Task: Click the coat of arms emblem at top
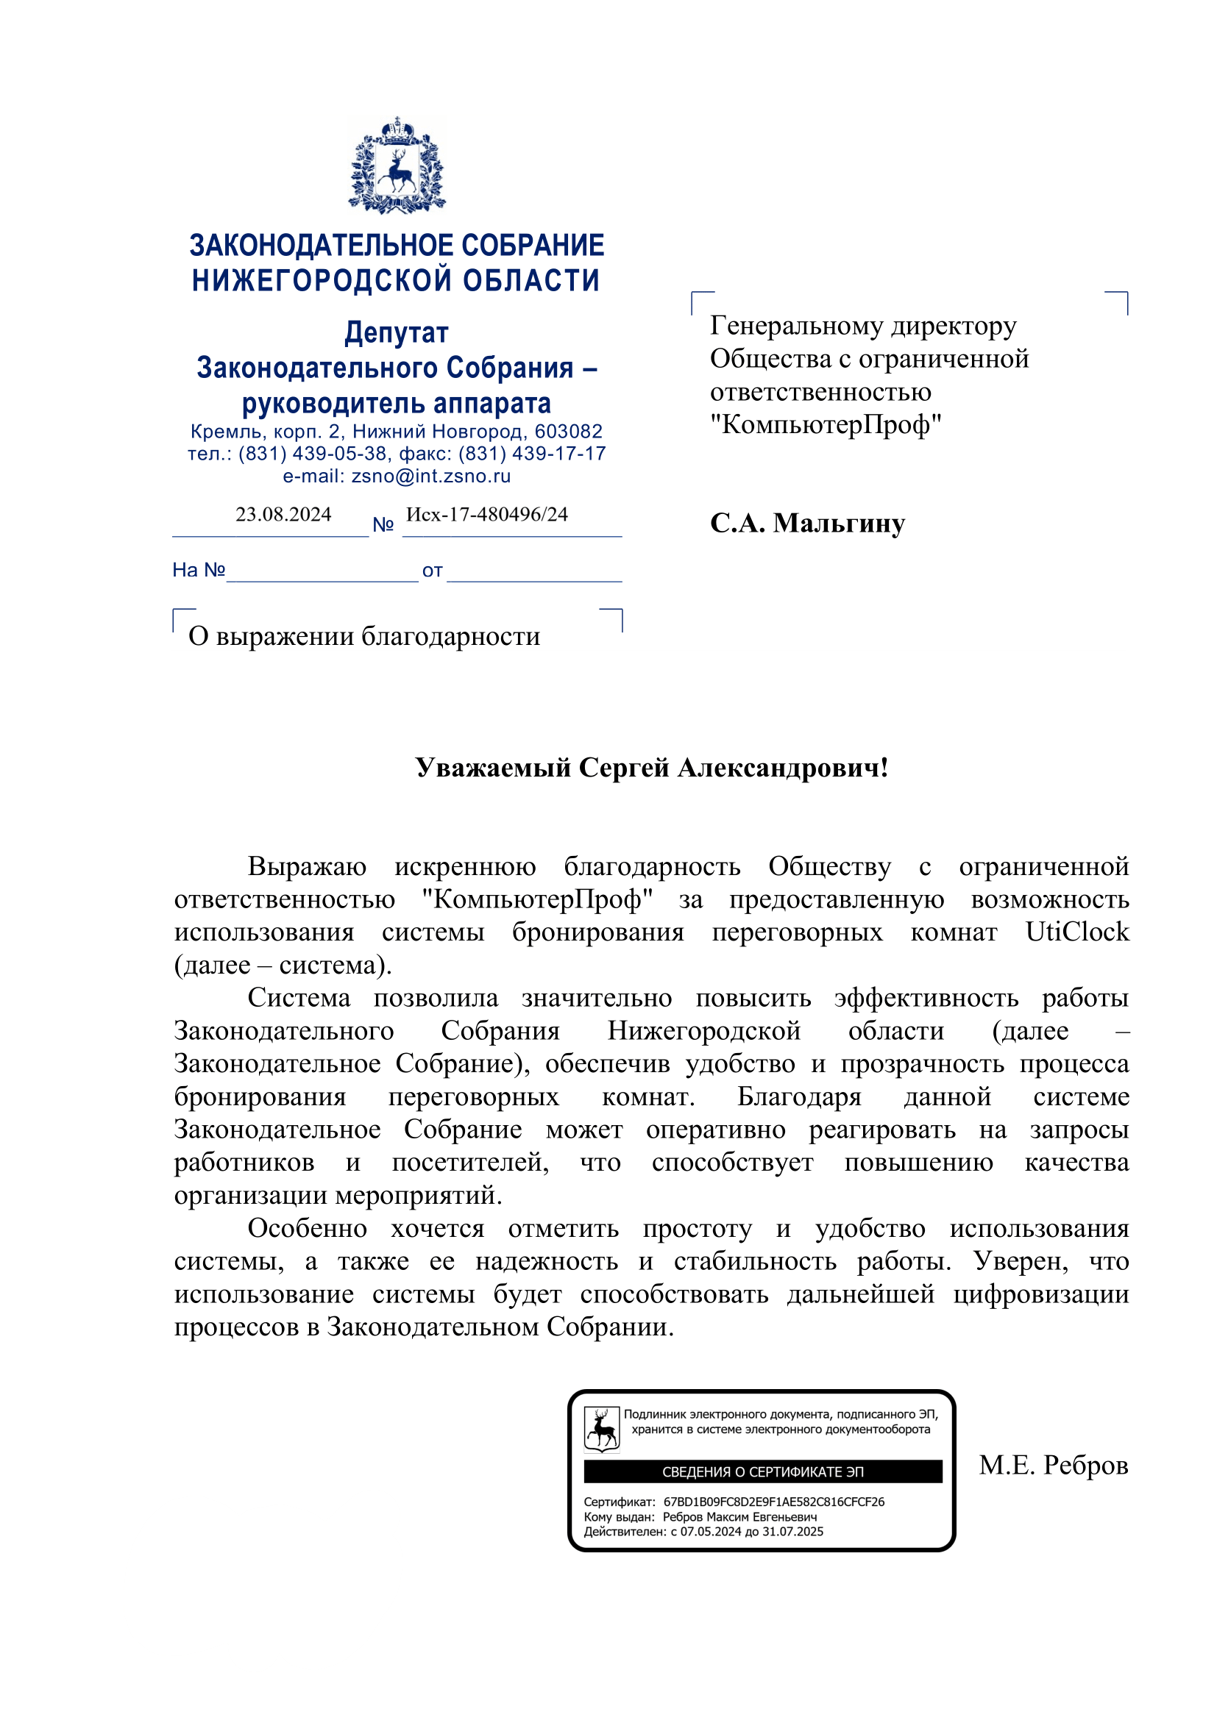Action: click(397, 165)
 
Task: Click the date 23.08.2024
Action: click(283, 515)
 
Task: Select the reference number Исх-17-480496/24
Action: click(486, 515)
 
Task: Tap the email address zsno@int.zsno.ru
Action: click(431, 477)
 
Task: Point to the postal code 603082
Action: click(568, 432)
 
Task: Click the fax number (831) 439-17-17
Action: click(532, 454)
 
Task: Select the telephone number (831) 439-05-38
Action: click(313, 454)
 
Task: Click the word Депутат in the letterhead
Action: click(397, 332)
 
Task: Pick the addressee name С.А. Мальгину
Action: click(807, 523)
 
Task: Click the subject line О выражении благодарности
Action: click(364, 636)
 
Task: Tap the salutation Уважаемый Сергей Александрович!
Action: click(651, 768)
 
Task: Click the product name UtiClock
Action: click(1076, 932)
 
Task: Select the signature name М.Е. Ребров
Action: click(1053, 1466)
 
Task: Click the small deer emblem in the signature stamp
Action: click(602, 1430)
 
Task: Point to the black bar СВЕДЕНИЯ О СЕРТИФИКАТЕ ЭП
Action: click(762, 1472)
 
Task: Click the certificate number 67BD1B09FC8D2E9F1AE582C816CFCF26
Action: click(773, 1502)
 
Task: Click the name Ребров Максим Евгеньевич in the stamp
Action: click(739, 1517)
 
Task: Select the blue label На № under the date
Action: click(199, 571)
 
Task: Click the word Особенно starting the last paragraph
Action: click(308, 1229)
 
